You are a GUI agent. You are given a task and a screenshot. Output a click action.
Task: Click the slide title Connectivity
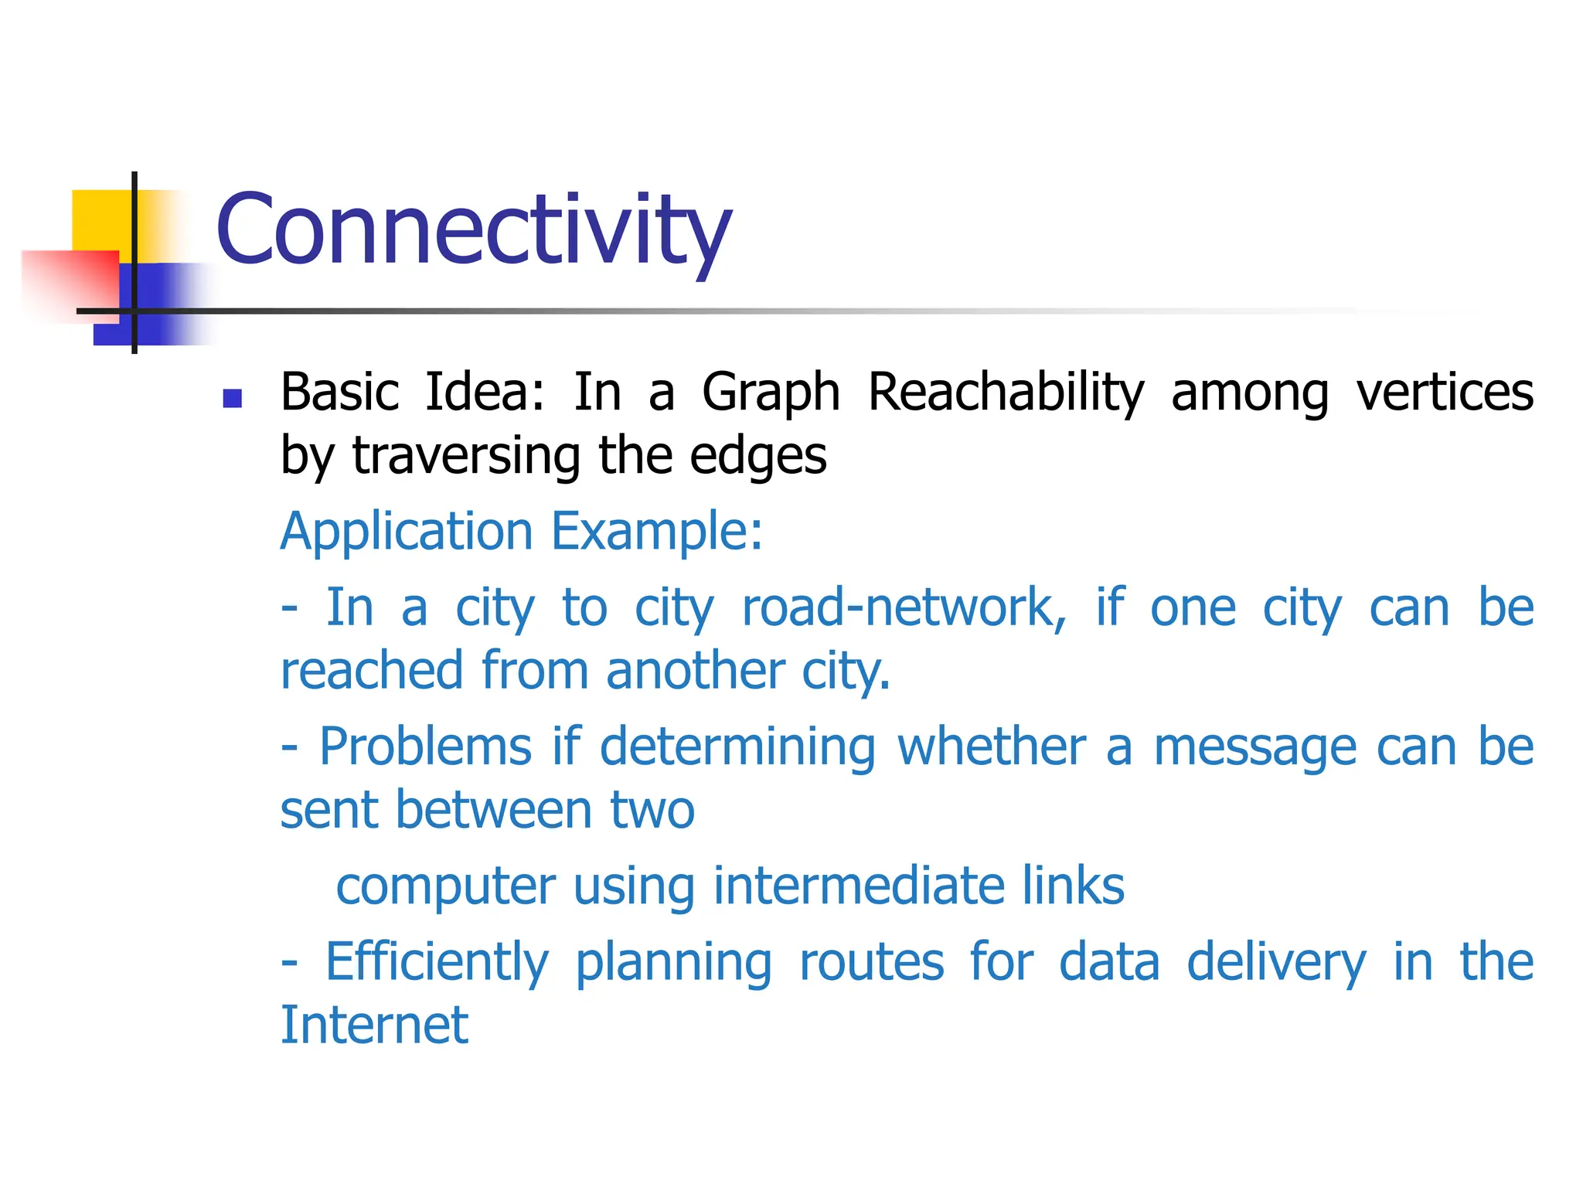click(x=473, y=230)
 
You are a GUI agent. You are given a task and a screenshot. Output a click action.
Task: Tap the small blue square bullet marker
click(x=232, y=398)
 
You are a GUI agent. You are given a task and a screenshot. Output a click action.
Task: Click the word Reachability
click(x=1005, y=393)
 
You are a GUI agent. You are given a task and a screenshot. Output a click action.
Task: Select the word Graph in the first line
click(x=771, y=393)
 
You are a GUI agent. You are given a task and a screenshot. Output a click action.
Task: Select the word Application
click(x=407, y=532)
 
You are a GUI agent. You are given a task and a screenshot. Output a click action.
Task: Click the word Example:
click(x=657, y=532)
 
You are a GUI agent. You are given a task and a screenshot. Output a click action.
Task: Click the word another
click(x=696, y=670)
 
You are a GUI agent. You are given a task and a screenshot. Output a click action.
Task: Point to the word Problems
click(x=425, y=747)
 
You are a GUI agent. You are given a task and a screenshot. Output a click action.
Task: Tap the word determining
click(x=737, y=747)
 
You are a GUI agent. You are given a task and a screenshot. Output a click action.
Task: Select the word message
click(x=1254, y=747)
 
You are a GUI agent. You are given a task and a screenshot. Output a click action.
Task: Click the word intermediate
click(x=858, y=886)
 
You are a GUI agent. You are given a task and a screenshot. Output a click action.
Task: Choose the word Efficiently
click(x=437, y=962)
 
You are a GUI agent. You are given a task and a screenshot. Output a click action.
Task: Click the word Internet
click(x=374, y=1025)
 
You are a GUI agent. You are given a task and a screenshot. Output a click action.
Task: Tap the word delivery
click(x=1275, y=962)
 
